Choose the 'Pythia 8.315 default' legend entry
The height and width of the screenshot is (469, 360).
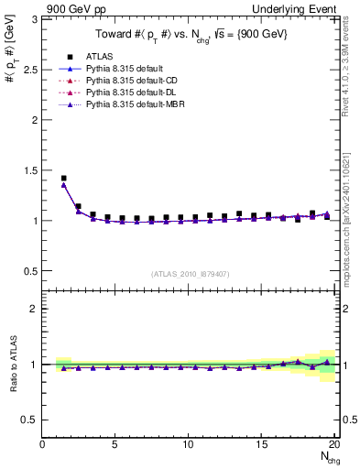tap(124, 69)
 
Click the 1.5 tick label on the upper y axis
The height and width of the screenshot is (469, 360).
tap(29, 169)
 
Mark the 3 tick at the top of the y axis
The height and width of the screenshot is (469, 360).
tap(34, 18)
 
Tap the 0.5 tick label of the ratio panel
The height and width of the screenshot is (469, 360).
tap(29, 420)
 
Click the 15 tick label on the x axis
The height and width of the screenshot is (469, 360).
tap(261, 444)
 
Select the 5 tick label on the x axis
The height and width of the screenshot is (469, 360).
tap(115, 444)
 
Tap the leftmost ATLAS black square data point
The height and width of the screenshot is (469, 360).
tap(63, 179)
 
